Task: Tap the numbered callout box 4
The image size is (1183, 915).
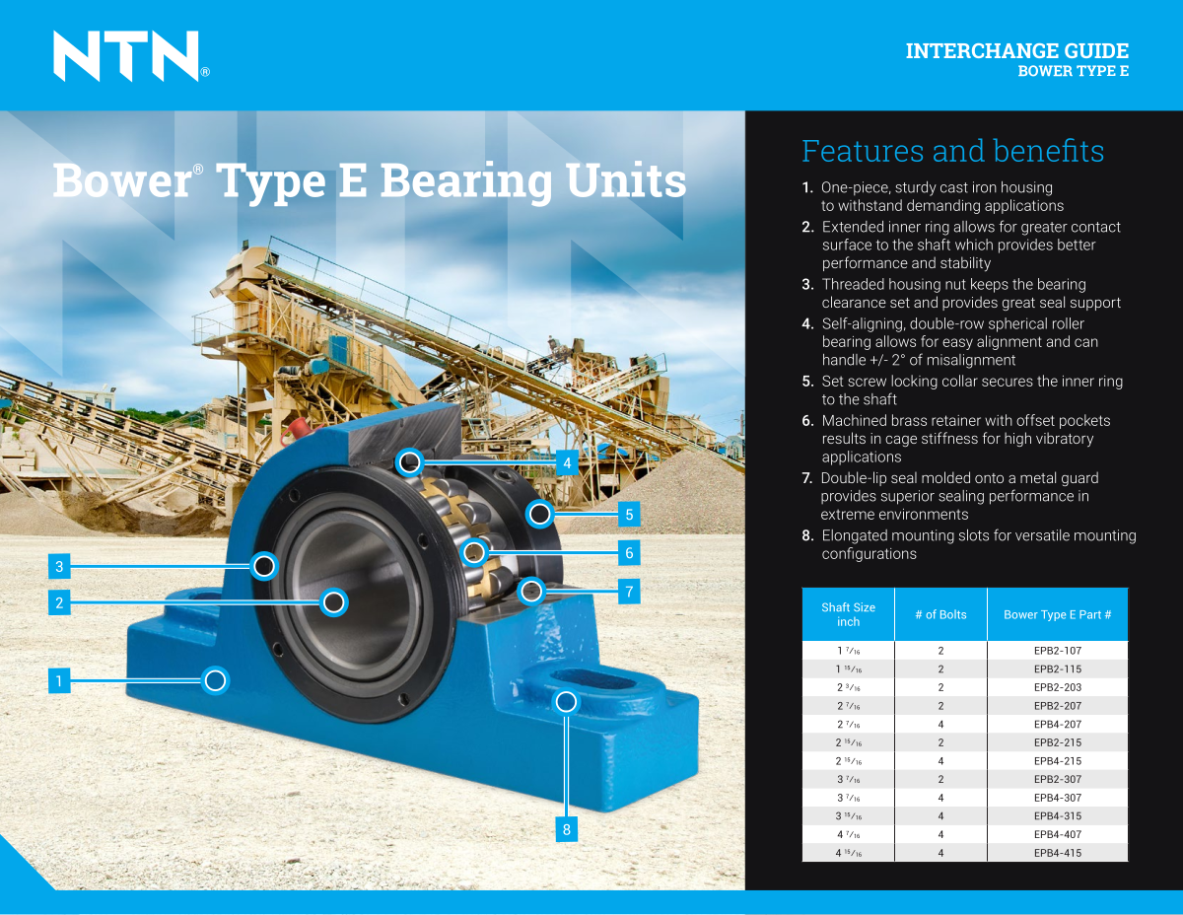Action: [566, 462]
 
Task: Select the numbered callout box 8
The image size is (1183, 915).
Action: [566, 829]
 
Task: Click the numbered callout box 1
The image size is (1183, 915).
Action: [59, 680]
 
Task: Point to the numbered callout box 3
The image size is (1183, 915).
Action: [59, 566]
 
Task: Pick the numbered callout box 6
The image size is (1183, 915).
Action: [629, 553]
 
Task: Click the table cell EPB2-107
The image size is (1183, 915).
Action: [1057, 651]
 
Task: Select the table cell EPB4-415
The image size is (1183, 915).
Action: [1057, 853]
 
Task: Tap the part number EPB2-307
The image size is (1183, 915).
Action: [1057, 779]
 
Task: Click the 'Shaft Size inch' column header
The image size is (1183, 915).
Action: [848, 614]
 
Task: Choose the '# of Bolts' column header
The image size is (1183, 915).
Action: [940, 614]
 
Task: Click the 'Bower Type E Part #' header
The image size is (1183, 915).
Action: [1057, 614]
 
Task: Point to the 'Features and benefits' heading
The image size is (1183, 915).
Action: [952, 151]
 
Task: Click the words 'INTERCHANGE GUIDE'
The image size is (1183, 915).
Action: [1016, 51]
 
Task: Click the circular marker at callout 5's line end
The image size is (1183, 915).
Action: [539, 514]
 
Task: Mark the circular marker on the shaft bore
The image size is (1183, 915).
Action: [334, 602]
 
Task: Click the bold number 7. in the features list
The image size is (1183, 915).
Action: [807, 478]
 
